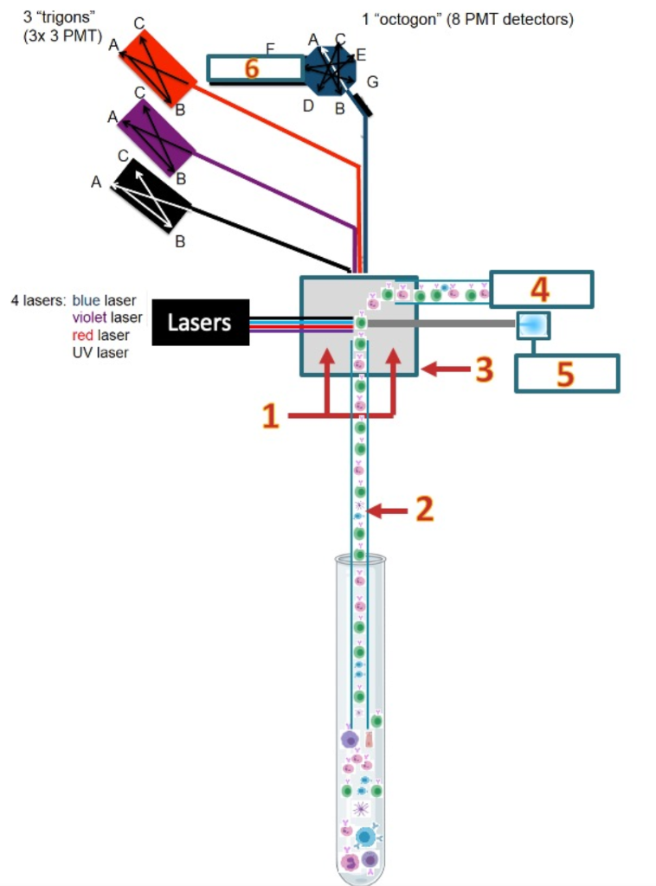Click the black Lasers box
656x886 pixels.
[200, 323]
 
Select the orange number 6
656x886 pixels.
[251, 68]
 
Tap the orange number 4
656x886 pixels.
[540, 289]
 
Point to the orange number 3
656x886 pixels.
[484, 369]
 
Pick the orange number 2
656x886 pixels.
[424, 509]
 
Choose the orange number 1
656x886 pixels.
[271, 418]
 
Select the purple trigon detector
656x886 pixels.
[156, 138]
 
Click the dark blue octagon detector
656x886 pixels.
[330, 67]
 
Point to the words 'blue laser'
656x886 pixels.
[104, 300]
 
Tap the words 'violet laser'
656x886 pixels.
[106, 318]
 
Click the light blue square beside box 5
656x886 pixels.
[532, 324]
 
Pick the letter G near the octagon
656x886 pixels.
[373, 82]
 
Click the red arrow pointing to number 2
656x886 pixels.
[389, 511]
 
